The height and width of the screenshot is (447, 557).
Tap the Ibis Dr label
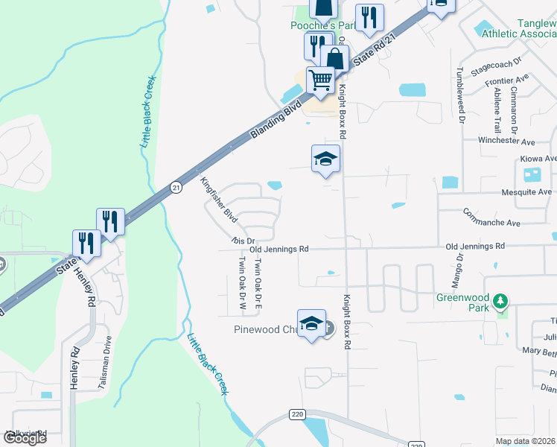pyautogui.click(x=243, y=241)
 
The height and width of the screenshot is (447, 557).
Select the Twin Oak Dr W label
pyautogui.click(x=242, y=283)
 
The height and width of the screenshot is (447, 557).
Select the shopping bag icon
pyautogui.click(x=335, y=58)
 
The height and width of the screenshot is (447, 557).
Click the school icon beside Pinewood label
pyautogui.click(x=312, y=323)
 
